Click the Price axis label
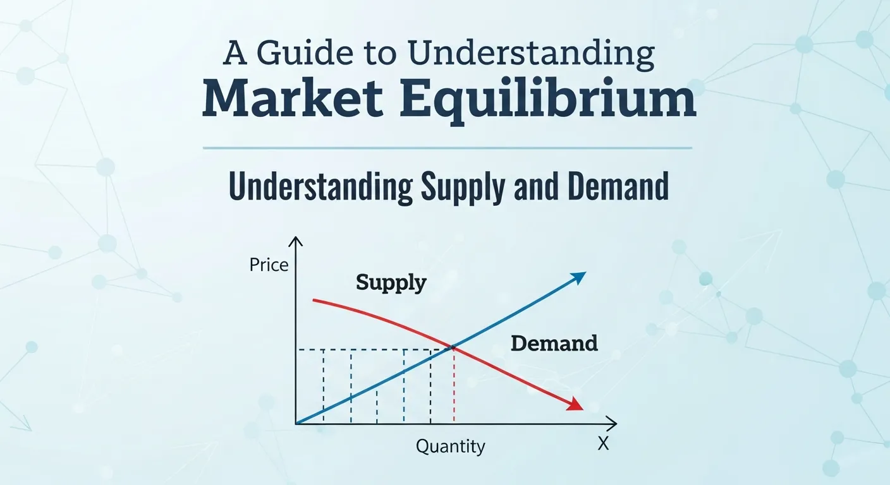pos(269,265)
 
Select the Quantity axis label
pos(450,446)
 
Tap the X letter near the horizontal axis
pos(602,444)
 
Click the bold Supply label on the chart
pos(391,282)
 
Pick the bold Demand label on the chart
pos(554,344)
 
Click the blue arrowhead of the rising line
pos(578,277)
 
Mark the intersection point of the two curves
pos(452,347)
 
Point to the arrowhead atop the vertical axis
pos(295,242)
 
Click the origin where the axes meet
pos(296,423)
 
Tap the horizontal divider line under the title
pos(447,148)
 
